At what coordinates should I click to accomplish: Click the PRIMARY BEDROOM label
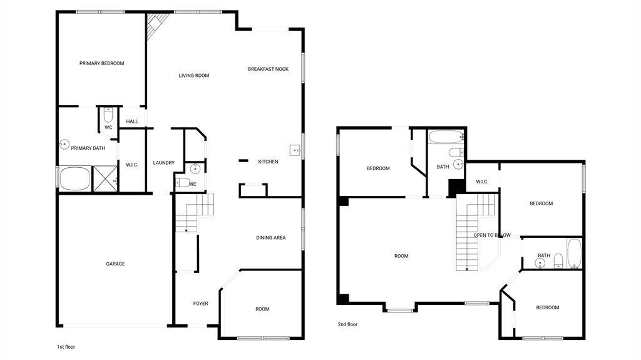tap(102, 63)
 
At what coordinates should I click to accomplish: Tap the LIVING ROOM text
tap(194, 76)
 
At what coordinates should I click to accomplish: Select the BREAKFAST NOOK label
tap(268, 69)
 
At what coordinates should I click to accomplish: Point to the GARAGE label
tap(115, 264)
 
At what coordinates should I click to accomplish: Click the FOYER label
tap(201, 304)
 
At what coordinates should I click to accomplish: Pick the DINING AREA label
tap(270, 238)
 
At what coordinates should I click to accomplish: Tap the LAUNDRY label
tap(163, 163)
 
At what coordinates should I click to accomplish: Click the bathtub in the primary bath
tap(75, 178)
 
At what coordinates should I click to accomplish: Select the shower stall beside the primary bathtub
tap(105, 178)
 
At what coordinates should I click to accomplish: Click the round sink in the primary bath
tap(64, 144)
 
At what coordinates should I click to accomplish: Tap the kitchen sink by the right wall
tap(295, 150)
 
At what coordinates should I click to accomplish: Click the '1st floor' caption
tap(66, 347)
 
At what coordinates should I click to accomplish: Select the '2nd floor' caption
tap(347, 324)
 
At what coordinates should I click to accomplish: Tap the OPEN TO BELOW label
tap(492, 235)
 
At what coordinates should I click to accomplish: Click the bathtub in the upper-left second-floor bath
tap(446, 136)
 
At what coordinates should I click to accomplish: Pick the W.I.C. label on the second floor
tap(482, 182)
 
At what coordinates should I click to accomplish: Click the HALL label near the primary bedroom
tap(132, 121)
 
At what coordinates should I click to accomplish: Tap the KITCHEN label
tap(268, 162)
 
